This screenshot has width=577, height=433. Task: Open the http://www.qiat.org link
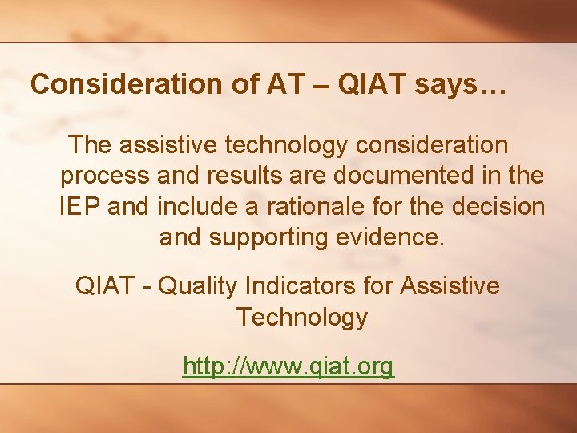click(288, 366)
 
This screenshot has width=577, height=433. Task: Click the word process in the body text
click(105, 176)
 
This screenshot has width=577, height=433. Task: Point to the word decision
click(498, 207)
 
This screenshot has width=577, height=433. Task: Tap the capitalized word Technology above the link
click(301, 318)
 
